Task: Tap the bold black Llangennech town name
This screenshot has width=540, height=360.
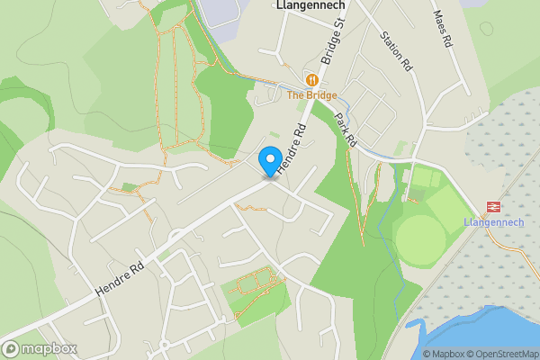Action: [309, 5]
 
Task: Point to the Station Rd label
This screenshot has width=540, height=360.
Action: [395, 53]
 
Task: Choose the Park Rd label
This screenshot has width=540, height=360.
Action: [346, 130]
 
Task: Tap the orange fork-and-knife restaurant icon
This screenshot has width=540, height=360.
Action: [312, 79]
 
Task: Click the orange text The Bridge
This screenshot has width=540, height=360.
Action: [312, 95]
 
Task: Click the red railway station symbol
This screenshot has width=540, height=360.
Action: [492, 207]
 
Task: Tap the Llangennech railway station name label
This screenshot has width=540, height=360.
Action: [487, 222]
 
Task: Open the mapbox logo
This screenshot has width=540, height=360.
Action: [40, 348]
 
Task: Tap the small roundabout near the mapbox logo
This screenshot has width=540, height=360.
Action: [165, 345]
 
